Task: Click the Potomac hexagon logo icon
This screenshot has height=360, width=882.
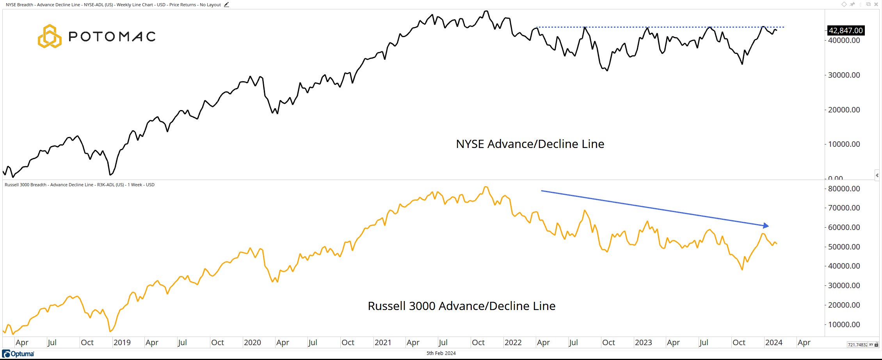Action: click(50, 36)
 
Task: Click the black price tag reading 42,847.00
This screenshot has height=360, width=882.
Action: click(845, 30)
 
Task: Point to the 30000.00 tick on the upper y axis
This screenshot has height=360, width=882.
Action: click(844, 75)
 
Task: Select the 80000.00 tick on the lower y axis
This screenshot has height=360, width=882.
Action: click(844, 189)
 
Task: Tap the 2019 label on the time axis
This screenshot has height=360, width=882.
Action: click(122, 342)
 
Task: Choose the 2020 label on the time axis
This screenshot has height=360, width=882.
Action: click(252, 342)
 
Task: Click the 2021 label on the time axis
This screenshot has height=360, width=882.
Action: click(382, 342)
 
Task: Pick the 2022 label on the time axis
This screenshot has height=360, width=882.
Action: click(513, 342)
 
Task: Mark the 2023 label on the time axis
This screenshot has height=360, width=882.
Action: click(643, 342)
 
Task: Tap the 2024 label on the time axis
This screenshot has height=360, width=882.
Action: click(774, 342)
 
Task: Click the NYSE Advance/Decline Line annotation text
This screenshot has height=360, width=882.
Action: click(530, 144)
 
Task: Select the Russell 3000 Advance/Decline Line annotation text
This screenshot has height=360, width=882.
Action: click(461, 306)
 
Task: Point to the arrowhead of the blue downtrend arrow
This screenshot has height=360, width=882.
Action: click(766, 226)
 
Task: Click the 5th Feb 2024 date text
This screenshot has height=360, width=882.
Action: click(441, 353)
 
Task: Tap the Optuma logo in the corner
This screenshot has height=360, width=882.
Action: click(18, 354)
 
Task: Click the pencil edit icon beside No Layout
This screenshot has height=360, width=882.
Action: click(226, 5)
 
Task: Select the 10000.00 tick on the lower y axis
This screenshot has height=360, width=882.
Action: click(844, 324)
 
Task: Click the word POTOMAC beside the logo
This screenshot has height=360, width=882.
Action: click(112, 37)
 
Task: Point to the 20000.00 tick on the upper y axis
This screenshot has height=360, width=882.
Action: click(844, 110)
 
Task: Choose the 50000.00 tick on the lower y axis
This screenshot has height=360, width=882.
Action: click(844, 247)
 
